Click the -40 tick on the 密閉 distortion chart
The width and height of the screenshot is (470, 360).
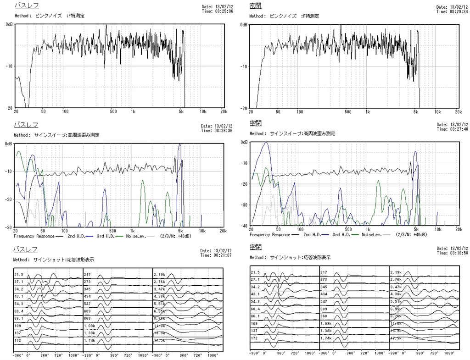click(x=244, y=226)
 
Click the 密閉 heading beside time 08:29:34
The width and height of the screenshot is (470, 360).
click(x=255, y=6)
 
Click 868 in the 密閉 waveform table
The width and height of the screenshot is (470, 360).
click(x=325, y=316)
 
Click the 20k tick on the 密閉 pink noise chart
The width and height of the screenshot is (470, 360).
click(x=458, y=111)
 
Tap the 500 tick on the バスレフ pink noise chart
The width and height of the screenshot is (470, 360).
click(x=113, y=111)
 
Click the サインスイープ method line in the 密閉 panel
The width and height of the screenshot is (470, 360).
click(x=292, y=134)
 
